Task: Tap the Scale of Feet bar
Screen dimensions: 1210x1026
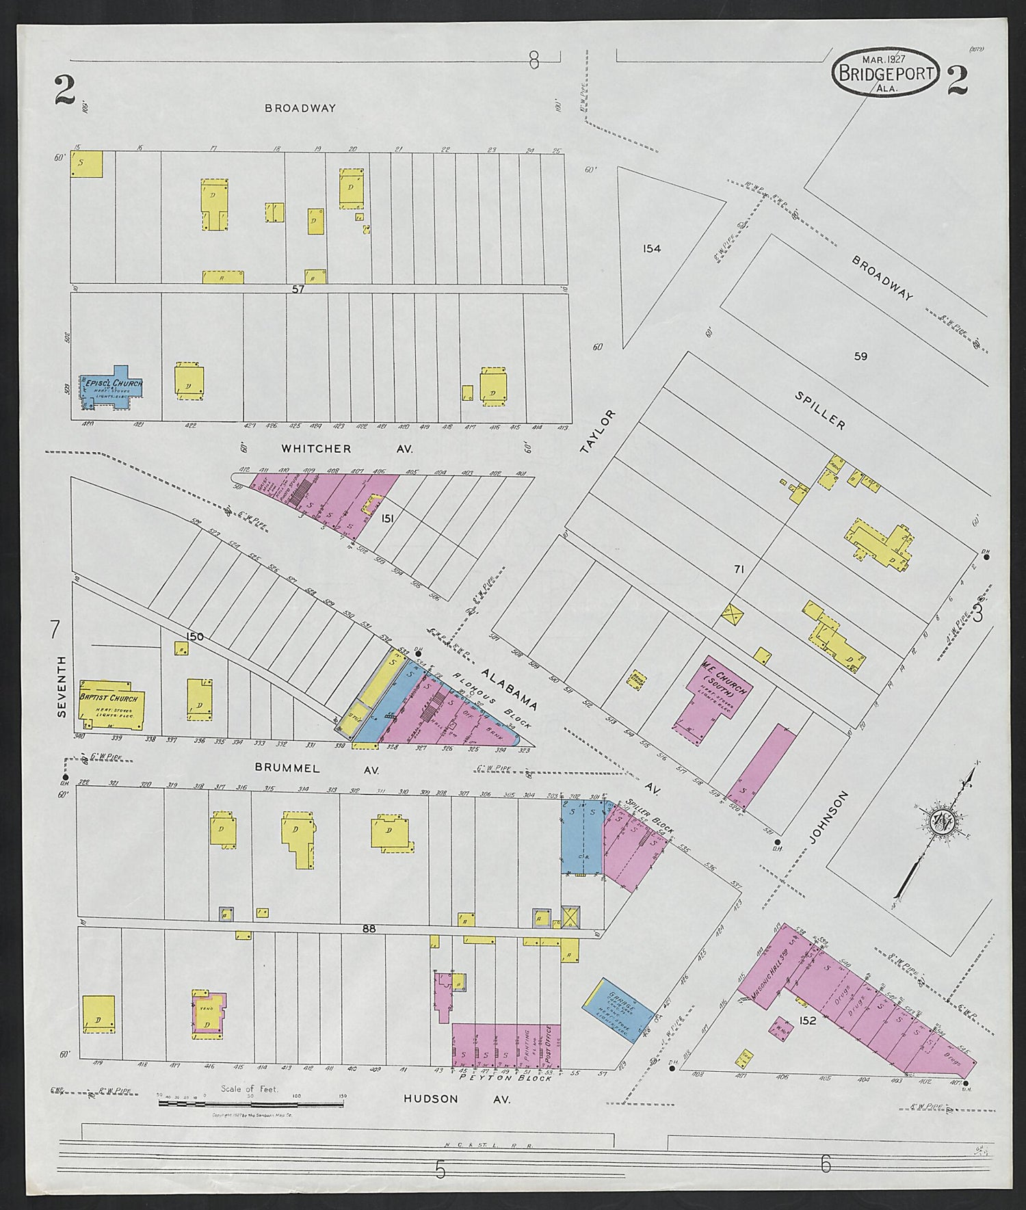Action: coord(250,1103)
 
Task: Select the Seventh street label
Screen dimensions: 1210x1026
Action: coord(62,686)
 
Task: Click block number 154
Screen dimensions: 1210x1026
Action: coord(651,249)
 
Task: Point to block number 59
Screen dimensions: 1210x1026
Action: coord(860,356)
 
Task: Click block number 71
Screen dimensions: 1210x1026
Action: coord(739,568)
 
